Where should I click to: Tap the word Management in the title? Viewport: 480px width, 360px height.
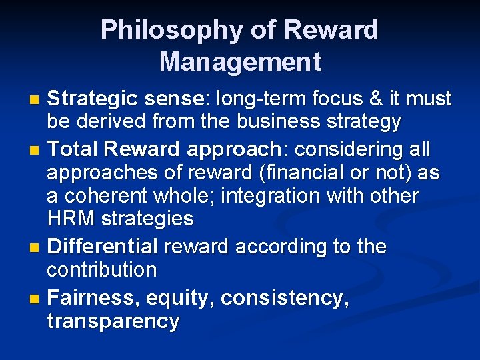point(240,62)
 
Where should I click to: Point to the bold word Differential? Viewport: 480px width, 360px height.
point(103,247)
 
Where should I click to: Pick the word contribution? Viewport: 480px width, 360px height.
point(102,270)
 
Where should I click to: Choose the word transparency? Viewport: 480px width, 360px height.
point(113,321)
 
